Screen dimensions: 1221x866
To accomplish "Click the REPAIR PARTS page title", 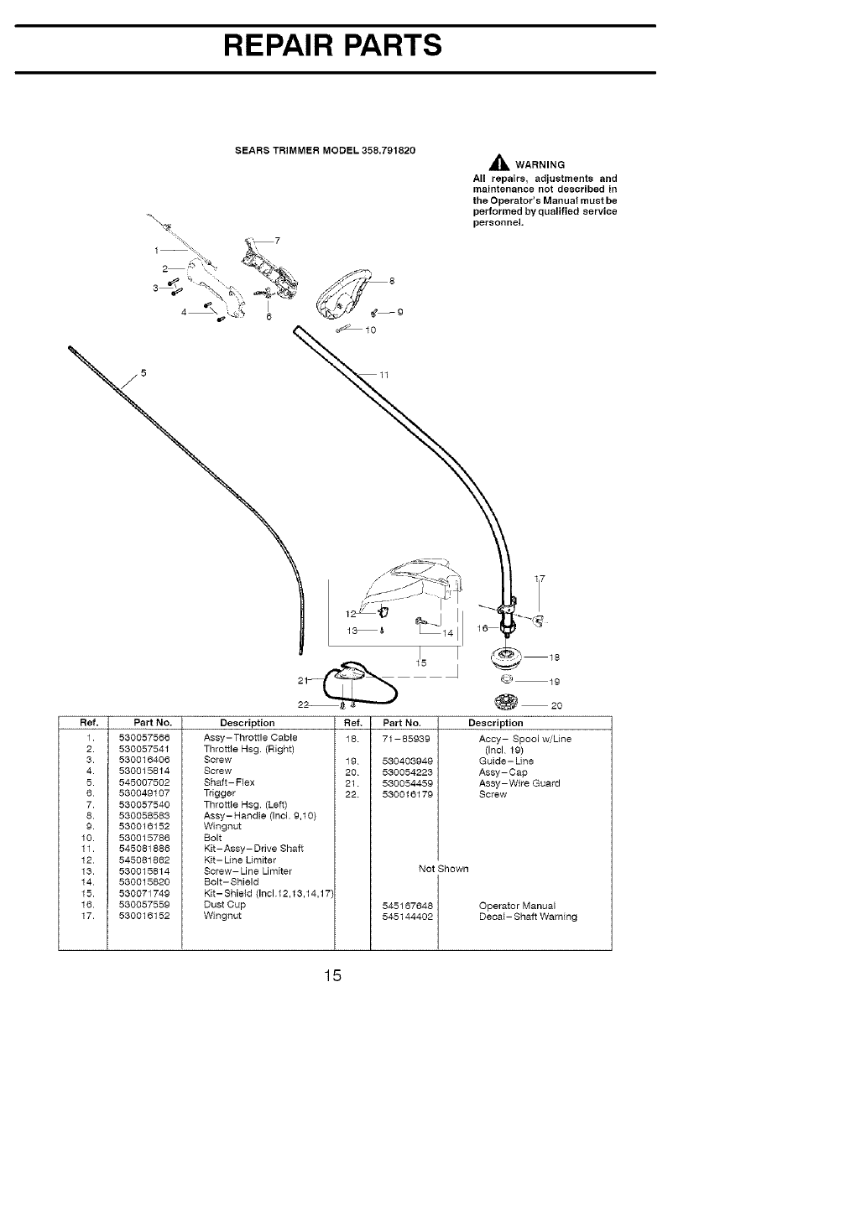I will click(x=333, y=45).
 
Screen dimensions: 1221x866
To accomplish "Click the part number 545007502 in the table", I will click(x=145, y=782).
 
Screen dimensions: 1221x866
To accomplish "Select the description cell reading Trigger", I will click(x=217, y=793).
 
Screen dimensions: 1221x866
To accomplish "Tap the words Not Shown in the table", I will click(x=443, y=869).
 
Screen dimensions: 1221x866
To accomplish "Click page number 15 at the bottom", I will click(x=333, y=976).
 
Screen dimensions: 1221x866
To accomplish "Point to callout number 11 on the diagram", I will click(x=385, y=375).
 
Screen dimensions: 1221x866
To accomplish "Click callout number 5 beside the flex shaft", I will click(x=143, y=373).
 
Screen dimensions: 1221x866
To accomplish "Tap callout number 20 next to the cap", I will click(x=556, y=706).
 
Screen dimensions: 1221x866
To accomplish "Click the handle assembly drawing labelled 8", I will click(x=344, y=294).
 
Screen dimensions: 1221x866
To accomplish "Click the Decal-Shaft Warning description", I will click(x=528, y=917).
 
